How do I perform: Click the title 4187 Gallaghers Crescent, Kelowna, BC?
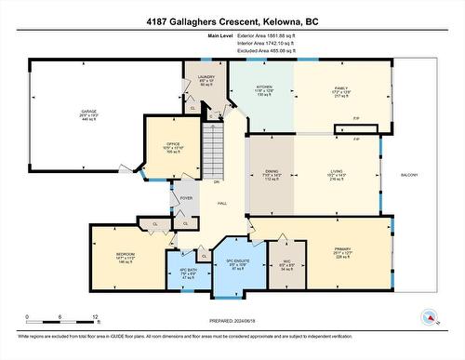232,20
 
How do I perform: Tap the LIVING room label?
335,170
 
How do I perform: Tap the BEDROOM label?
126,254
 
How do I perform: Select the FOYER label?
186,197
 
